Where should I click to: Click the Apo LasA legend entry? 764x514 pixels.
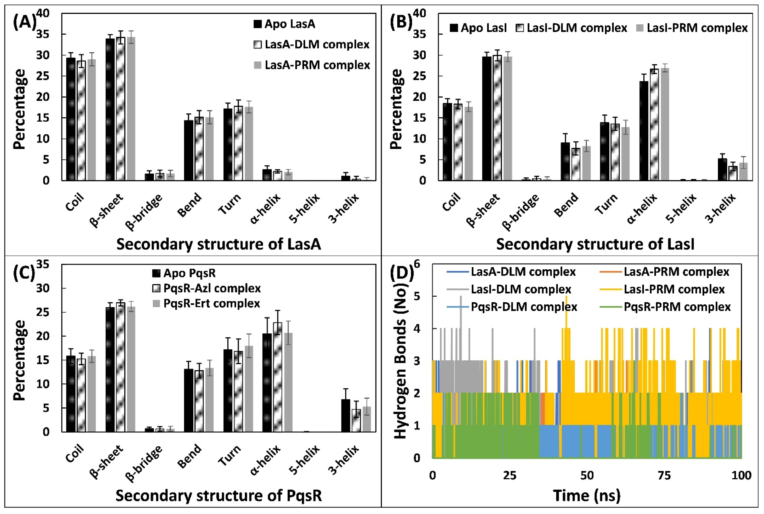tap(284, 24)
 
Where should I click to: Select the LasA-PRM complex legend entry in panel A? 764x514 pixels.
tap(312, 65)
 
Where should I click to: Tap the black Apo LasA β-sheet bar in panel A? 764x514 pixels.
tap(110, 110)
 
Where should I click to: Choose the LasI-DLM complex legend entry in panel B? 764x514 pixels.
tap(571, 28)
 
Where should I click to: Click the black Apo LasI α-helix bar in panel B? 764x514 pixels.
tap(644, 131)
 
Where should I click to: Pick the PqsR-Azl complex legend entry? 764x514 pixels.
tap(207, 288)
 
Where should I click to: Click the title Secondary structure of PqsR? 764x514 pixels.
tap(218, 496)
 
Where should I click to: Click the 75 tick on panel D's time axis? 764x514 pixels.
tap(664, 475)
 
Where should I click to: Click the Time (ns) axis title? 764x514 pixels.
tap(587, 496)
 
